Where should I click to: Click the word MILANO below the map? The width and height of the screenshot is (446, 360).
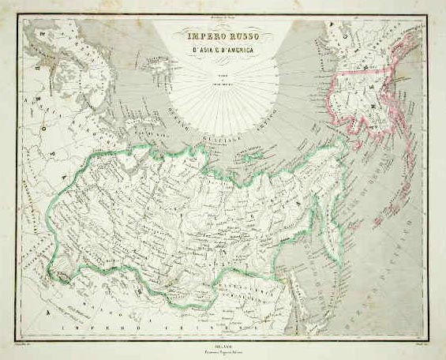coord(223,337)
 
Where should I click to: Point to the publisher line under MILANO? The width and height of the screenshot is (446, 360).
coord(223,343)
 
